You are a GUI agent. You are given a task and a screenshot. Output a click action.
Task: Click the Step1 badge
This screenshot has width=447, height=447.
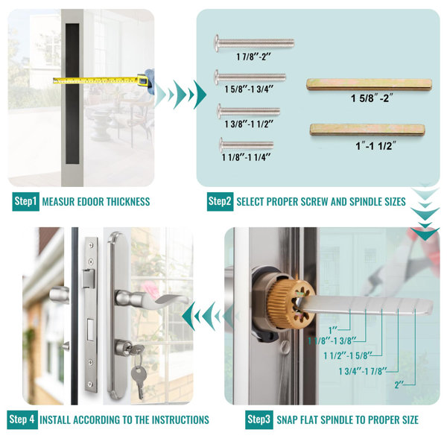tap(25, 202)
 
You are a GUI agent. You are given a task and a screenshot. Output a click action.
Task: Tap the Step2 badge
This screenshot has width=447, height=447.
tap(220, 202)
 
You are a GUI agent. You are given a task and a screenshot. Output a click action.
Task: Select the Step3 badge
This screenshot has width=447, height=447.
tap(259, 419)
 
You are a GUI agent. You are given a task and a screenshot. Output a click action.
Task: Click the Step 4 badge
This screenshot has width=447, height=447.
tap(22, 419)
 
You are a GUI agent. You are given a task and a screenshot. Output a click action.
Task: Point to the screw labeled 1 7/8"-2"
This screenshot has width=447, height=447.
tap(254, 43)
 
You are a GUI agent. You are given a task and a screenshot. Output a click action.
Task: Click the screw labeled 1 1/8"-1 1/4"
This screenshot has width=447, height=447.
tap(247, 145)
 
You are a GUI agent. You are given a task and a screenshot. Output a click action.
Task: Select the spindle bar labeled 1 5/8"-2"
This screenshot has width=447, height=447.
tap(370, 85)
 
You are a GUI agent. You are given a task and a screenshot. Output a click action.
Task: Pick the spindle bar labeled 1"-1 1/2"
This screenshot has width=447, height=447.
tap(367, 130)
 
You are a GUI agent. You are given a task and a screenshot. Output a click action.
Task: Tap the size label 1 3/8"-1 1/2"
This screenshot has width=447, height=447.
tap(249, 124)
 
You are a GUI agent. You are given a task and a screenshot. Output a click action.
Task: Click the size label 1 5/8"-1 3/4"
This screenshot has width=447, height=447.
tap(249, 89)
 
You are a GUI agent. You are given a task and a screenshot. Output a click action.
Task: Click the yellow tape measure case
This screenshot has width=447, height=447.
tap(143, 80)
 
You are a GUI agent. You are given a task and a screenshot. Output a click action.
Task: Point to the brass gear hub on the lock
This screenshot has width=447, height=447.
tap(291, 304)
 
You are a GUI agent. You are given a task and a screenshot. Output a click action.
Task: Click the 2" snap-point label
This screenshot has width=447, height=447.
tap(399, 385)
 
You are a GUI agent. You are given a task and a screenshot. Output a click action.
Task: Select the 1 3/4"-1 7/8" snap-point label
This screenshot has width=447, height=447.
tap(363, 371)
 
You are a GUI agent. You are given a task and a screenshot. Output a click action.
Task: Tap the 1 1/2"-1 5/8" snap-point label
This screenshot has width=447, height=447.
tap(348, 355)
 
